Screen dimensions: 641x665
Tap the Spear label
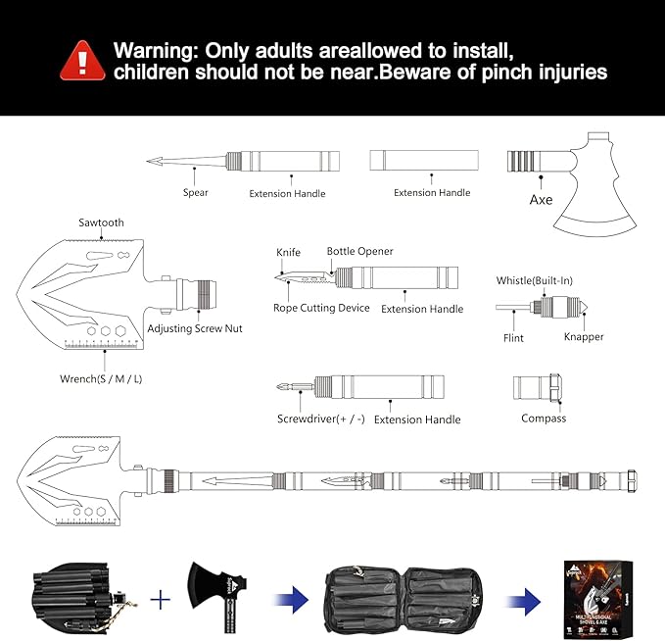[x=195, y=193]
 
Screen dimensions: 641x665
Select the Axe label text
[x=541, y=200]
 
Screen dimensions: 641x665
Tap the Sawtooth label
[x=101, y=223]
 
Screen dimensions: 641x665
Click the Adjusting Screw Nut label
[x=195, y=328]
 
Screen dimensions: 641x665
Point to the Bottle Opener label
[x=359, y=252]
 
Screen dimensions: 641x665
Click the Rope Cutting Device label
[x=322, y=309]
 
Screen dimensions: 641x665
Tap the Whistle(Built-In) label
[x=534, y=281]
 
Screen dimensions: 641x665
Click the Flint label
[x=514, y=338]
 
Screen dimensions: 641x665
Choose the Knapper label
[x=584, y=337]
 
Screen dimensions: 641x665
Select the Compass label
[x=544, y=419]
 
